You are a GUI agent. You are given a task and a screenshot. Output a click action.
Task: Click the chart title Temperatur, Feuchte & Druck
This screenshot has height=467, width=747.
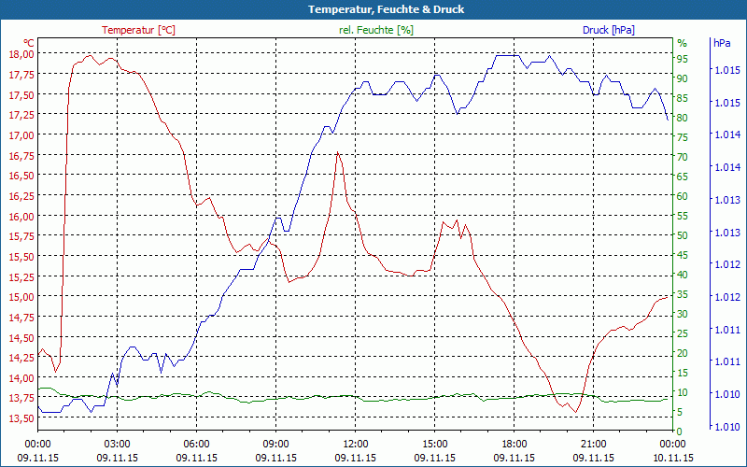click(x=373, y=9)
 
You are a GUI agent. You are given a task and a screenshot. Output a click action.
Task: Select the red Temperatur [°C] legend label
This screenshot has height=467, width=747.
click(x=138, y=30)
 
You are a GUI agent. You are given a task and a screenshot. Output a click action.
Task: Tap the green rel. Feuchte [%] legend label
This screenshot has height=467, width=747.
click(x=376, y=30)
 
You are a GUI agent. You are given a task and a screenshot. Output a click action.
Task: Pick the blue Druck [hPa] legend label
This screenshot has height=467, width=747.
click(x=608, y=30)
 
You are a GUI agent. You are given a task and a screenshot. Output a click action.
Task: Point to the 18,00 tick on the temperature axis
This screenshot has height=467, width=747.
click(x=21, y=53)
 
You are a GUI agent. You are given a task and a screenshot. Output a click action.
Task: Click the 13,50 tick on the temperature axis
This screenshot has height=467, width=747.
click(x=21, y=418)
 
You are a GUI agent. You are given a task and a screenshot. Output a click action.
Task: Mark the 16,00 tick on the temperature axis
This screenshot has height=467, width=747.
click(x=21, y=216)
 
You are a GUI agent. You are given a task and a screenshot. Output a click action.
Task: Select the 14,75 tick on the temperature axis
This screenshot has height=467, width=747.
click(x=21, y=318)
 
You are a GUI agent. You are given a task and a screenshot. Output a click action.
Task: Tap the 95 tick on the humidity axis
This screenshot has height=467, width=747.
click(x=683, y=59)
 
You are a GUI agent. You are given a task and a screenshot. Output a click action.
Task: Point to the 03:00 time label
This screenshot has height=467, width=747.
click(x=117, y=444)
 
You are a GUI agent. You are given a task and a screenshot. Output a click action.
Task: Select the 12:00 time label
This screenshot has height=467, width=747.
click(x=355, y=444)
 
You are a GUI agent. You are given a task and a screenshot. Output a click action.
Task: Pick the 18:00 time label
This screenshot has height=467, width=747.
click(x=514, y=444)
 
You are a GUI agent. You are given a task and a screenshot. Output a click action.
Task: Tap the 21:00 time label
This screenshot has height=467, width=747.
click(x=593, y=444)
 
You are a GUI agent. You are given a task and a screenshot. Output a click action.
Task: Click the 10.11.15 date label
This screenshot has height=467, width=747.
click(x=672, y=458)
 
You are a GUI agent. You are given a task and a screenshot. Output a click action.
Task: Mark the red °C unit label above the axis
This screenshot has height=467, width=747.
click(x=29, y=43)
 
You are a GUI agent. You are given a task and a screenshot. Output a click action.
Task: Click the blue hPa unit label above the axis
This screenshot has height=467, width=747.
click(x=722, y=43)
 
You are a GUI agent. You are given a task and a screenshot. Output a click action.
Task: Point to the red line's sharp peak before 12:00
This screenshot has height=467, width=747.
click(x=337, y=152)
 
